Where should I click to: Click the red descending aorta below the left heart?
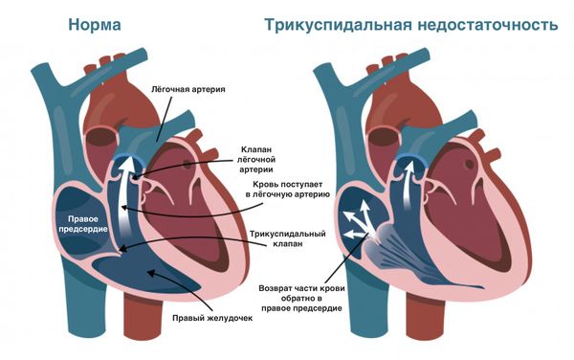140,330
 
